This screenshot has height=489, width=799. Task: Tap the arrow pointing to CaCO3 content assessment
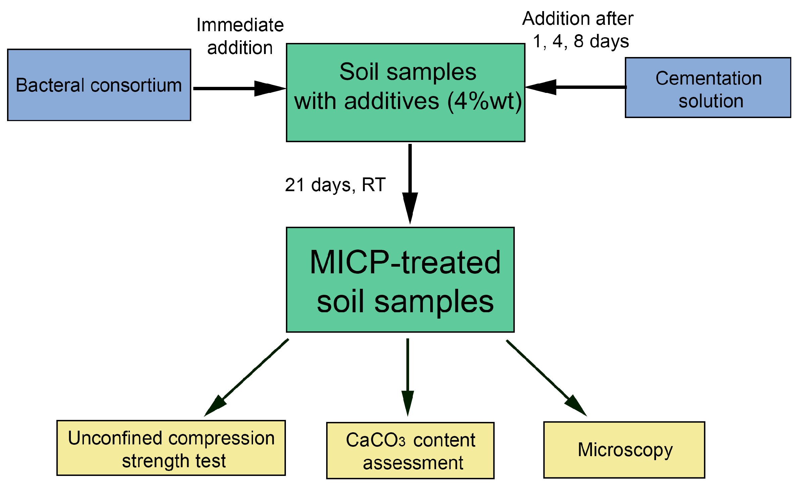click(x=407, y=376)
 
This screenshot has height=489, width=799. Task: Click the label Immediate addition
click(x=240, y=36)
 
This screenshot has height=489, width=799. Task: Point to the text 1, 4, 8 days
click(x=581, y=42)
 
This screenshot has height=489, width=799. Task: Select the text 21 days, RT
click(x=335, y=185)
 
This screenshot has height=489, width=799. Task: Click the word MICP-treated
click(x=405, y=263)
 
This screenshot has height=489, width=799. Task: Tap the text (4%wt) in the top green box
click(x=485, y=101)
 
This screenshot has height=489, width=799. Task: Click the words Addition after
click(x=578, y=18)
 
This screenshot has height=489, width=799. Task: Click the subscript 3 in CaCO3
click(x=402, y=442)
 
